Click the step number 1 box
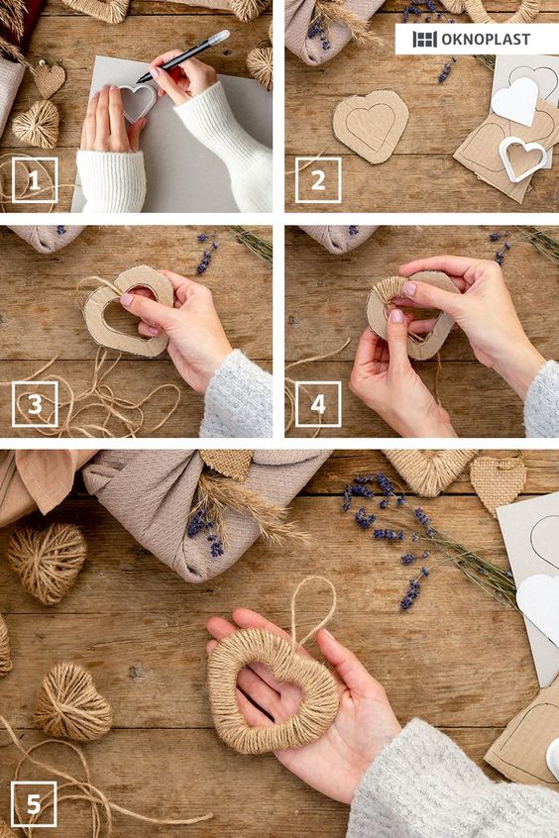point(35,180)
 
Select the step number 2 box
point(318,180)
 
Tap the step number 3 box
point(35,404)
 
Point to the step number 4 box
point(318,404)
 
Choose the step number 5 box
point(34,803)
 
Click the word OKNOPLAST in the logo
point(486,39)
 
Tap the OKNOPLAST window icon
point(425,39)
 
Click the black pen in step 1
point(183,56)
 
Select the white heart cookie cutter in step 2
point(522,158)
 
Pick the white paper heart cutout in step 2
point(514,101)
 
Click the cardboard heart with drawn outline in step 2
point(370,126)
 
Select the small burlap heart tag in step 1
point(50,79)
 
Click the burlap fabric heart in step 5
point(498,482)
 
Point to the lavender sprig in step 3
point(207,253)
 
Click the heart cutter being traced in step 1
point(138,102)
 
